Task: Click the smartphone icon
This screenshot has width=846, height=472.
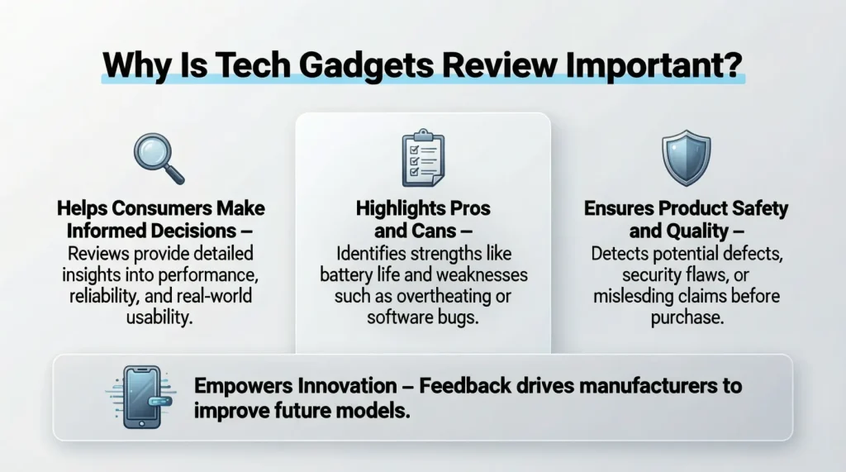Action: [140, 398]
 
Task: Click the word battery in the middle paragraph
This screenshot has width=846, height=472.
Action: [351, 274]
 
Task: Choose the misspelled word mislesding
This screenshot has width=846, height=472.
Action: [634, 296]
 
